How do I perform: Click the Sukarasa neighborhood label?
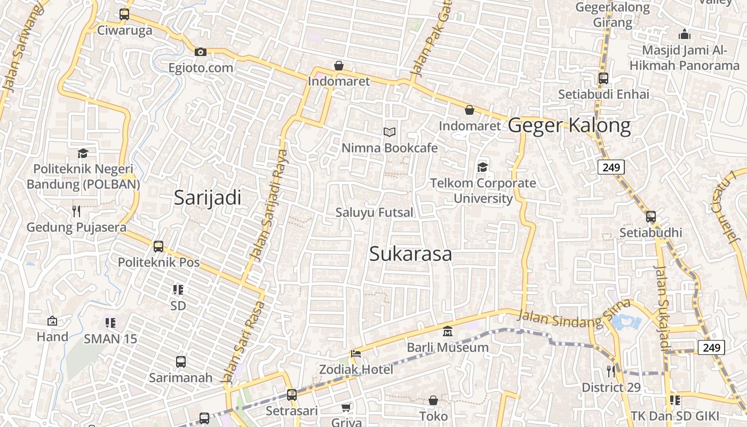[410, 254]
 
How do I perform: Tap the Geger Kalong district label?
[569, 125]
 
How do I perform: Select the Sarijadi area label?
[208, 198]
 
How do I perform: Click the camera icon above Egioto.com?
[201, 52]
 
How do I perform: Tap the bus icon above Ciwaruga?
[124, 14]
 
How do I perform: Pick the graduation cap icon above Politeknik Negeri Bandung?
[83, 154]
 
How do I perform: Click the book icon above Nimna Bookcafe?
[390, 132]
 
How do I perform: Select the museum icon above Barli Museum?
[447, 331]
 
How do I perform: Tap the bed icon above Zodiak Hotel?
[356, 353]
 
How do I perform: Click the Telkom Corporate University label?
[483, 191]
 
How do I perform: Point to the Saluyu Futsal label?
[374, 212]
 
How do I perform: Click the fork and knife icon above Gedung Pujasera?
[76, 211]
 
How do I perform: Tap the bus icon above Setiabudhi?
[650, 217]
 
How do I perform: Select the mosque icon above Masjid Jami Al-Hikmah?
[684, 35]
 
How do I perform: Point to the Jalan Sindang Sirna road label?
[574, 315]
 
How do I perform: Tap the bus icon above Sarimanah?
[180, 362]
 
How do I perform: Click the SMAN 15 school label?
[110, 339]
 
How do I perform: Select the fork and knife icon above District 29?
[611, 371]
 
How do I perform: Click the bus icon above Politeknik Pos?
[158, 247]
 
